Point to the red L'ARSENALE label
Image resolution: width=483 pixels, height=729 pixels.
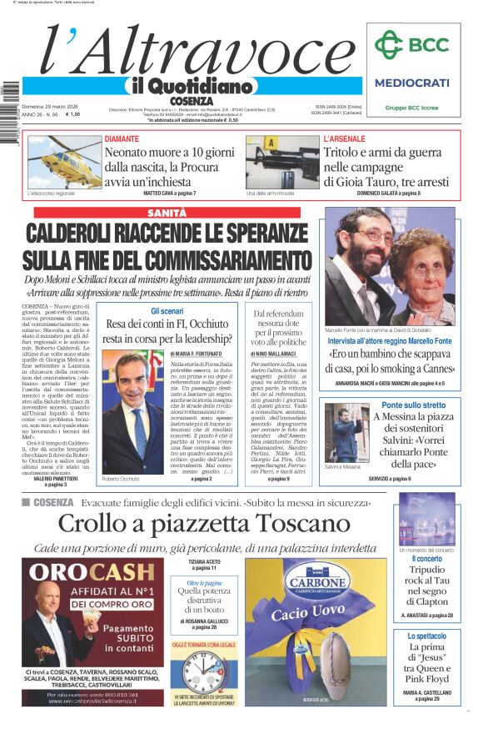pos(343,138)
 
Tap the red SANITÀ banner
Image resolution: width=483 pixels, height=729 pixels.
pos(167,213)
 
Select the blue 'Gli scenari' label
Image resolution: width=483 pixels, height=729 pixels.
pos(167,310)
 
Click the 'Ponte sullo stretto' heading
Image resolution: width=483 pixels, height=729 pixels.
pos(414,405)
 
